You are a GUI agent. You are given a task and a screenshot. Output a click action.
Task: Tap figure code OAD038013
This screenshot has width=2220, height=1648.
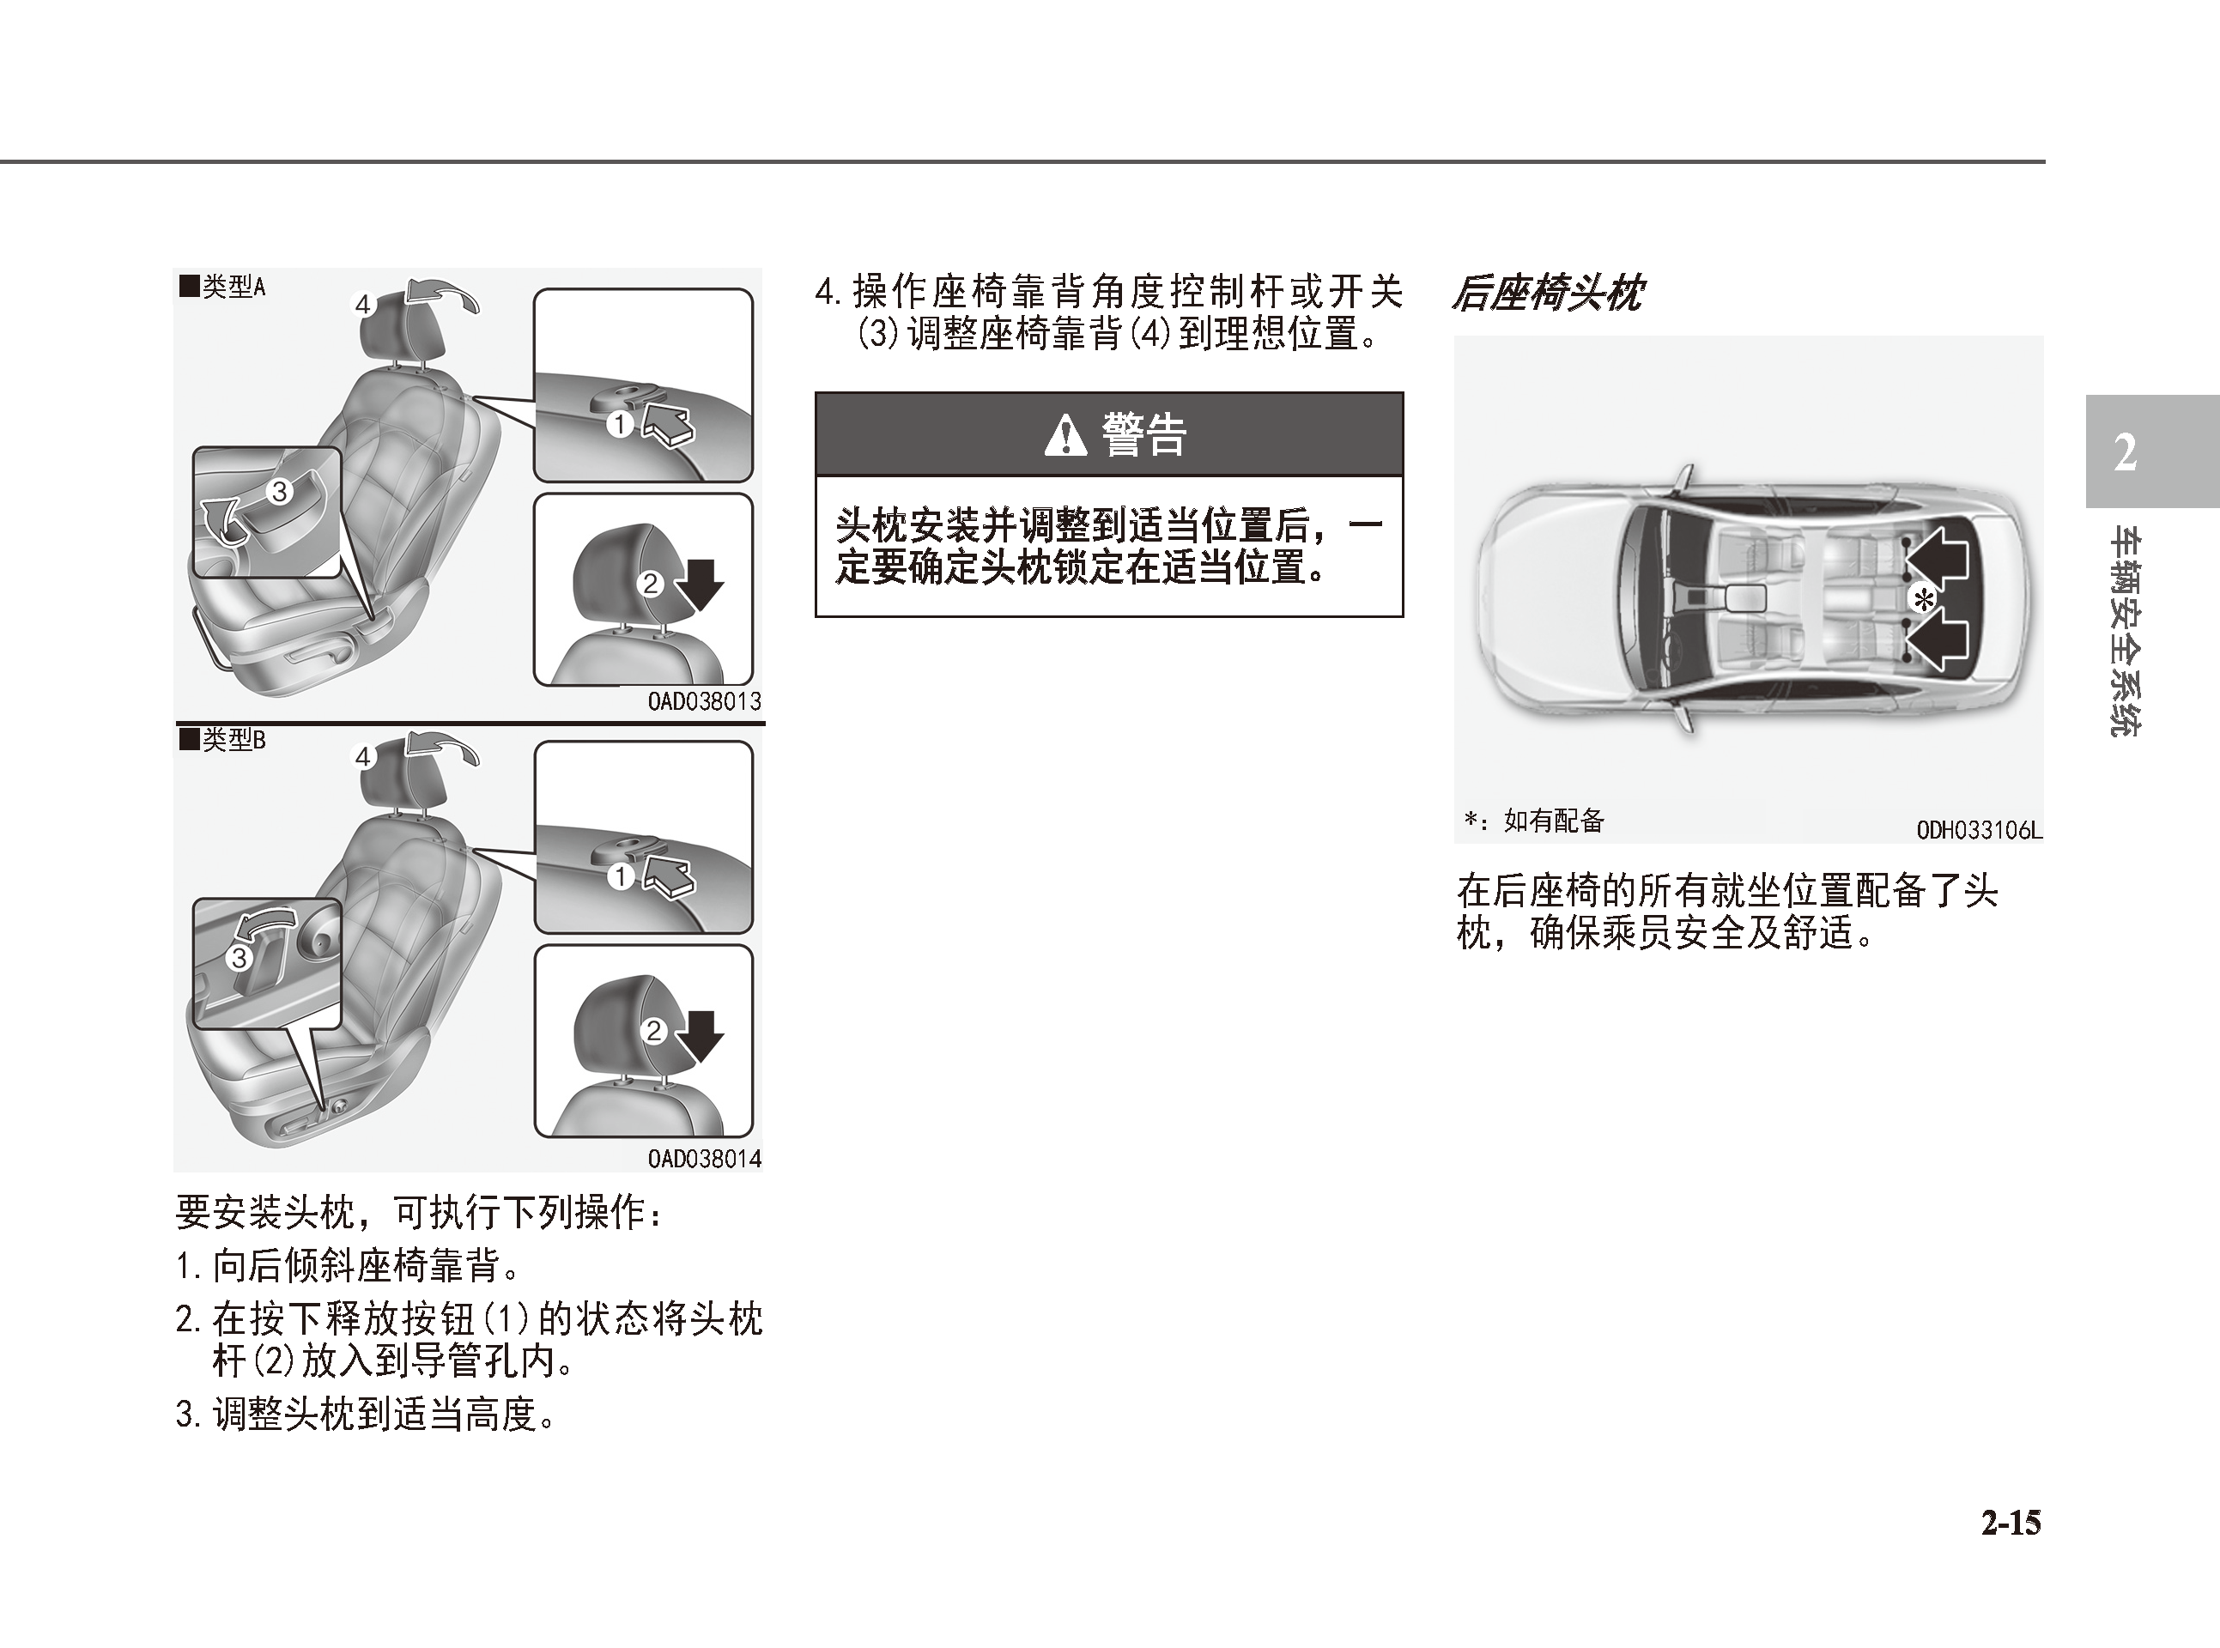[x=705, y=701]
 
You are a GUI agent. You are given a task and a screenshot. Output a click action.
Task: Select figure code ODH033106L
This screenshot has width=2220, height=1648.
[x=1980, y=830]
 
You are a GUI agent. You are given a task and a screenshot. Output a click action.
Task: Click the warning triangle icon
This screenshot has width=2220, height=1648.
[x=1065, y=435]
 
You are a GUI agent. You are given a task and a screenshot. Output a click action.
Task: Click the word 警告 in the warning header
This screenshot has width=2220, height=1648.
[x=1143, y=435]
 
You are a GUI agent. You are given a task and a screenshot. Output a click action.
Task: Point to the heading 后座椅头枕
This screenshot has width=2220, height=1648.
[x=1546, y=294]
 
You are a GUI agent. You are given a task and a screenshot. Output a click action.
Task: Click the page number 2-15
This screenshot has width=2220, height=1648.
[x=2011, y=1524]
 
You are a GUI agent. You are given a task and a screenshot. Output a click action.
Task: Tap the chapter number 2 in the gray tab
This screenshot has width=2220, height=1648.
[x=2126, y=453]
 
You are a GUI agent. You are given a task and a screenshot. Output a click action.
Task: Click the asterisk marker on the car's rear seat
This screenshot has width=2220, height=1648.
[x=1923, y=599]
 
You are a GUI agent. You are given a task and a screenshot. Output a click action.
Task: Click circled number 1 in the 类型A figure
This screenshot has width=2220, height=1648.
[x=621, y=424]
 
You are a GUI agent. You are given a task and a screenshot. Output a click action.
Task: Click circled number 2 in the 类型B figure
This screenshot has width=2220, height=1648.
[x=653, y=1031]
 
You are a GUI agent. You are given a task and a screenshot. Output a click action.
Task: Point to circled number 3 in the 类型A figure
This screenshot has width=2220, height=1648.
[x=279, y=491]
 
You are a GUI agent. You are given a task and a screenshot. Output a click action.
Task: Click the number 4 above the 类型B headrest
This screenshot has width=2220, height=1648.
[x=363, y=757]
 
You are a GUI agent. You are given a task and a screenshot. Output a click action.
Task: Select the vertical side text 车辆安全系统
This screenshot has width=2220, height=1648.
[x=2126, y=633]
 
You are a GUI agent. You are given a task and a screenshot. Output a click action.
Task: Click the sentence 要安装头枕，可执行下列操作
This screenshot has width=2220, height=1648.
[x=418, y=1212]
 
